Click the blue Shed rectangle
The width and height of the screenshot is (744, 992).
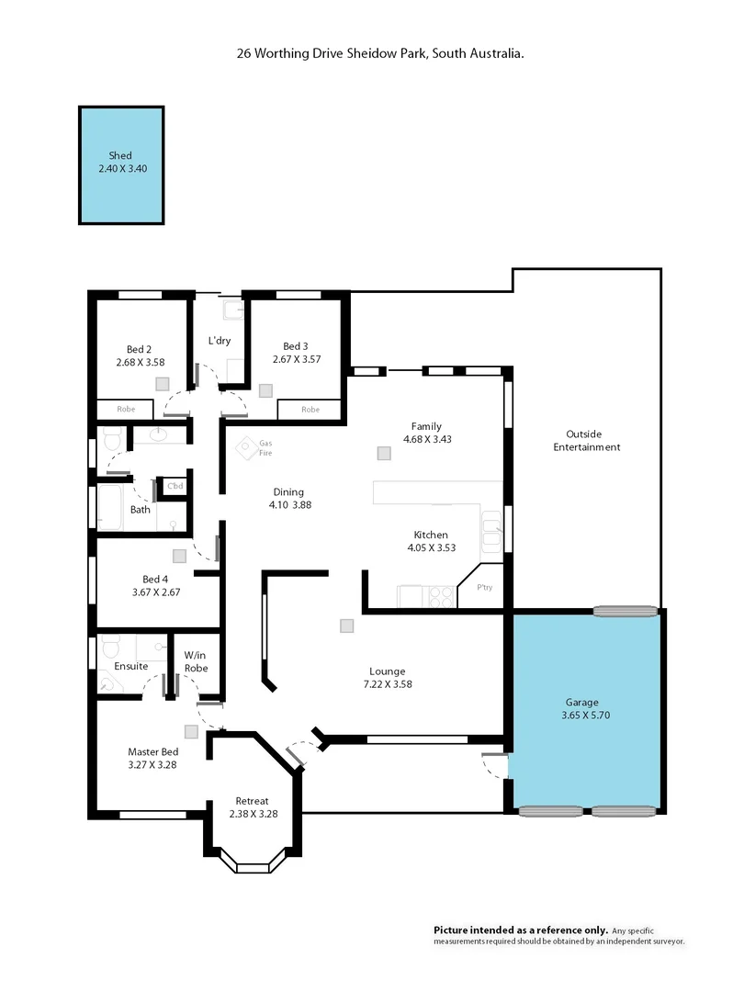pyautogui.click(x=122, y=165)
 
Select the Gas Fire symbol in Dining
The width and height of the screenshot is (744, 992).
pyautogui.click(x=247, y=448)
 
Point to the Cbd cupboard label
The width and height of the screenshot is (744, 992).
pyautogui.click(x=174, y=486)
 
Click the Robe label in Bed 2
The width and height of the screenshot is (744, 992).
pyautogui.click(x=126, y=410)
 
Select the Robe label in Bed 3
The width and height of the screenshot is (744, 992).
pyautogui.click(x=310, y=410)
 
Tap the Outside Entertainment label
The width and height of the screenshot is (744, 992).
pyautogui.click(x=592, y=440)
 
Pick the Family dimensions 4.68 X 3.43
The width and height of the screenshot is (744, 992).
pyautogui.click(x=426, y=439)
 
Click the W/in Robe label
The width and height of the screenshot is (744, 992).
pyautogui.click(x=196, y=661)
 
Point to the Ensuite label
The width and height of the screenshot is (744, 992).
pyautogui.click(x=131, y=666)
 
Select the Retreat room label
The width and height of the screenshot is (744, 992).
pyautogui.click(x=252, y=800)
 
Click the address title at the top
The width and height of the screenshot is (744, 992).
pyautogui.click(x=380, y=54)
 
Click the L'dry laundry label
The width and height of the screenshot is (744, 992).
pyautogui.click(x=220, y=341)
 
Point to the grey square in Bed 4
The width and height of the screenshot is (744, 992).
pyautogui.click(x=179, y=555)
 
